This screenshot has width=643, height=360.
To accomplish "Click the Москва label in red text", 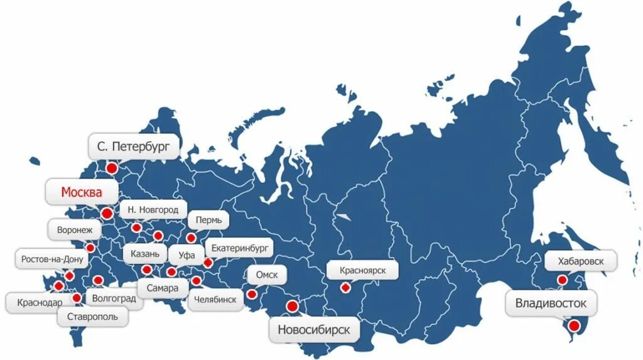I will [80, 192].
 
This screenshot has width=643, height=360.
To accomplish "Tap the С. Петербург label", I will [134, 147].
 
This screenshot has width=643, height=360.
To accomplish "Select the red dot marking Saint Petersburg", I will [112, 168].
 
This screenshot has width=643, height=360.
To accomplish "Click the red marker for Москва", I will [106, 214].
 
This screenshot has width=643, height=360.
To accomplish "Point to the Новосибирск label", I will [314, 329].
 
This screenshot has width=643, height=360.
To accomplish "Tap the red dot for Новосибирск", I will [292, 307].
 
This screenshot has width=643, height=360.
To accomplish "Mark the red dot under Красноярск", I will [345, 288].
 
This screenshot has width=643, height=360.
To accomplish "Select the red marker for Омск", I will [252, 293].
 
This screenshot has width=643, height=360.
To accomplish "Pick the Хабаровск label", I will [580, 260].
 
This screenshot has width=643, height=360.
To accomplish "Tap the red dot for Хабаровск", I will [562, 280].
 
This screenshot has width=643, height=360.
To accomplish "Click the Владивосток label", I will [551, 304].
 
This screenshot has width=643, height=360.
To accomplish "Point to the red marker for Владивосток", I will [573, 325].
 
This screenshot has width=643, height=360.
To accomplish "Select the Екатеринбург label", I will [239, 248].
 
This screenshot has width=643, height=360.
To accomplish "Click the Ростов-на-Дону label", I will [51, 259].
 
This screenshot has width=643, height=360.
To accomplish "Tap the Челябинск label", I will [215, 300].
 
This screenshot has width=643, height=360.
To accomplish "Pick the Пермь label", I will [208, 221].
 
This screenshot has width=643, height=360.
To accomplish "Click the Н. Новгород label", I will [153, 210].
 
